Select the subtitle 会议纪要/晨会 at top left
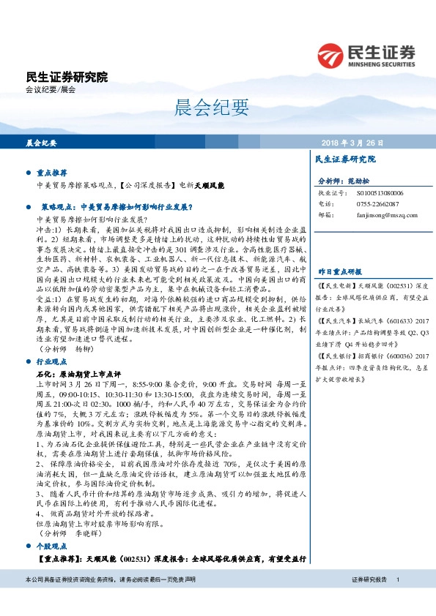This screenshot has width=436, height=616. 51,90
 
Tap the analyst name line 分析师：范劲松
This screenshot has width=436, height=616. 344,180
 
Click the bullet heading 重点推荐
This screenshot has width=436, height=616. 51,174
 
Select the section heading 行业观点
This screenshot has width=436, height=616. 51,361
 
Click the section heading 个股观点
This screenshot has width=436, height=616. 51,547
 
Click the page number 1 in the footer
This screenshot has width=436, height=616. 397,579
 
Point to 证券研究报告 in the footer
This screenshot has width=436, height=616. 369,579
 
